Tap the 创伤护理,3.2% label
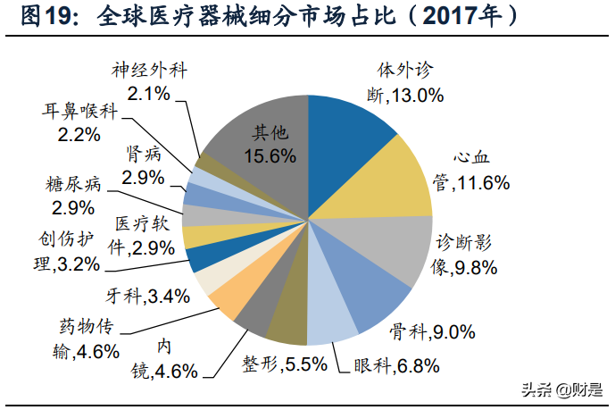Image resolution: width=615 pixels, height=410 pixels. pos(62,253)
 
